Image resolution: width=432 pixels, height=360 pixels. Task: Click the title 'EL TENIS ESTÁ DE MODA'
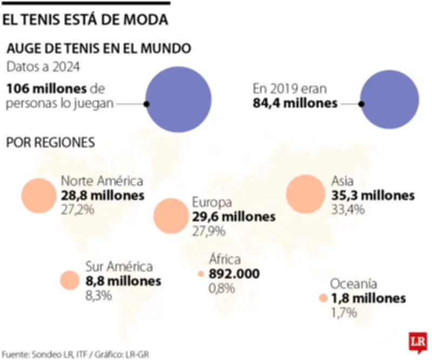(85, 19)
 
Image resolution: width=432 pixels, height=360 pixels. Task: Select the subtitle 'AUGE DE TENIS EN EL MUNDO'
(98, 49)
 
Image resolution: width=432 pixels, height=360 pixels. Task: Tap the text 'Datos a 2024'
(43, 68)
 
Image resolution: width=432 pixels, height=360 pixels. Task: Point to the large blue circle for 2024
(179, 101)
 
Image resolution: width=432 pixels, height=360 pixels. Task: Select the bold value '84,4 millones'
(295, 103)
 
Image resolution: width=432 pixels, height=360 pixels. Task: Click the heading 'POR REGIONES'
(50, 143)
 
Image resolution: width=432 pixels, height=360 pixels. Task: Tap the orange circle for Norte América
(39, 195)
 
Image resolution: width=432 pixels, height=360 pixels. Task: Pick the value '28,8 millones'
(103, 195)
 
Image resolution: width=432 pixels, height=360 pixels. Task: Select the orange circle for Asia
(304, 194)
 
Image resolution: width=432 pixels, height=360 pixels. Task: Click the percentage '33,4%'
(348, 210)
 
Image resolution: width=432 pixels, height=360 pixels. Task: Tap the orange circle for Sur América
(70, 280)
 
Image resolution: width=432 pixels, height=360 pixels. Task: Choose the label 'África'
(225, 259)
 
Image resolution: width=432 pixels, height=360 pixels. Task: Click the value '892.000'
(234, 274)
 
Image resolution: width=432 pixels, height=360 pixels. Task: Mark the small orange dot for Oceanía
(323, 298)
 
